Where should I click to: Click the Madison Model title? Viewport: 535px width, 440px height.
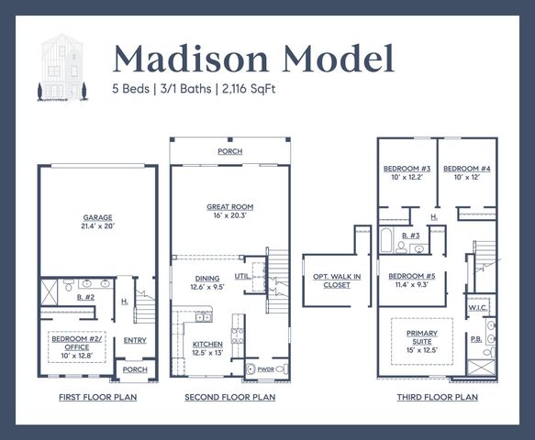[253, 57]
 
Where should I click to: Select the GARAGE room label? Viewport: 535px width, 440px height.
[97, 218]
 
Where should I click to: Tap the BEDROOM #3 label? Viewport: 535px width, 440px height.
[407, 170]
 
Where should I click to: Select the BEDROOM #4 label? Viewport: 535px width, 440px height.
[467, 170]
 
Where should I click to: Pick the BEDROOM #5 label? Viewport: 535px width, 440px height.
[411, 276]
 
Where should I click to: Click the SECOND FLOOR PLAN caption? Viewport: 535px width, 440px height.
[230, 397]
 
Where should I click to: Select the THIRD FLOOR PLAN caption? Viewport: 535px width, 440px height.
[437, 397]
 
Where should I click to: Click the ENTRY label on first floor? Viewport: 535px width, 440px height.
[135, 339]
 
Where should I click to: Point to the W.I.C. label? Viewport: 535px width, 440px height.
[477, 308]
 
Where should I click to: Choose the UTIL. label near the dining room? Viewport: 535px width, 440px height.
[244, 274]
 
